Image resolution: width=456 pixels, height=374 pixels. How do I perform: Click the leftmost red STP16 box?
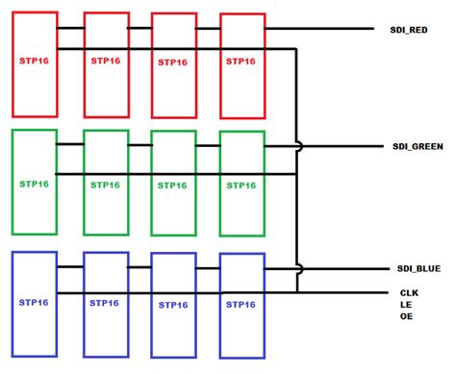35,63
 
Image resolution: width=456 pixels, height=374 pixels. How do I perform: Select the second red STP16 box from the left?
106,63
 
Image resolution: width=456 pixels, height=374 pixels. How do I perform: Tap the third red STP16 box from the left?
173,63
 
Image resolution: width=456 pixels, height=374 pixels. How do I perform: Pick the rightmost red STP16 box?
241,63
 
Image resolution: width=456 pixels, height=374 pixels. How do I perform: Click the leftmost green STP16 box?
34,182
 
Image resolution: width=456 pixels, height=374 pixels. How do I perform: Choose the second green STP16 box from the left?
106,182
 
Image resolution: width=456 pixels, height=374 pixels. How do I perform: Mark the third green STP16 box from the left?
173,182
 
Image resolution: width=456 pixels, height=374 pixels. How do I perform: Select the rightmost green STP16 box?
241,182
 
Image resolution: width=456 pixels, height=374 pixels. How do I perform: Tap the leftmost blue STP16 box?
34,303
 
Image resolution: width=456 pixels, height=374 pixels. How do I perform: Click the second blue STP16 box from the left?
106,303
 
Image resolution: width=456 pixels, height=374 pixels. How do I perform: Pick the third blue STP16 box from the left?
173,303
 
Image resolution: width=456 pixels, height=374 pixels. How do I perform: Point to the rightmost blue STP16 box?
241,303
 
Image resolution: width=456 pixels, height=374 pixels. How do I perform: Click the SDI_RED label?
409,30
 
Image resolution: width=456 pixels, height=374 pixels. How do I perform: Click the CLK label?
409,291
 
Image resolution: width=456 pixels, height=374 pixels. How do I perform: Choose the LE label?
405,305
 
